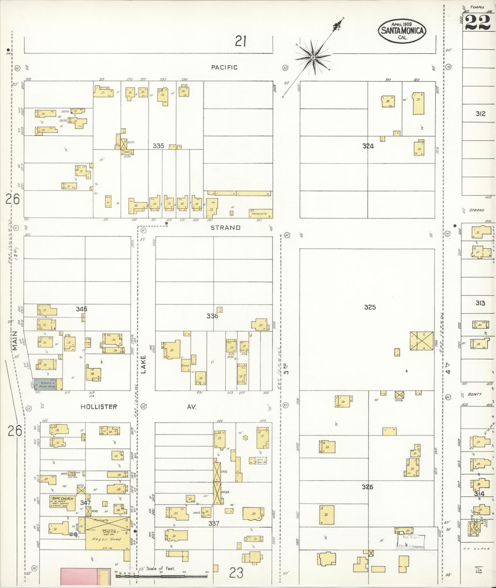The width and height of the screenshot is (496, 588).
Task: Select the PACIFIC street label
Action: click(x=224, y=68)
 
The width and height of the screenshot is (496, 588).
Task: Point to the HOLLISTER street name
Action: click(x=99, y=407)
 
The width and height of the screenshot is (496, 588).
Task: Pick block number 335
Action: click(x=158, y=146)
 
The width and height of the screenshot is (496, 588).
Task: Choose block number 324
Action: click(x=368, y=146)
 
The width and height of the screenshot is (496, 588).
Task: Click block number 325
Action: click(x=370, y=307)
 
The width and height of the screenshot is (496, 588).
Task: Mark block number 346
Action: click(x=81, y=309)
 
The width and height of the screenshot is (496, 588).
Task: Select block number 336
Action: click(x=212, y=316)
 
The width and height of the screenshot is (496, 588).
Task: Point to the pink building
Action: click(x=79, y=576)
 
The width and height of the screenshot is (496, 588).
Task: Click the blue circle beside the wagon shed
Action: click(x=76, y=534)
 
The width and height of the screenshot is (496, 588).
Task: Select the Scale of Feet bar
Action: click(x=161, y=575)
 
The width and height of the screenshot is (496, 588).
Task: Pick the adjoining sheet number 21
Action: click(x=241, y=42)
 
